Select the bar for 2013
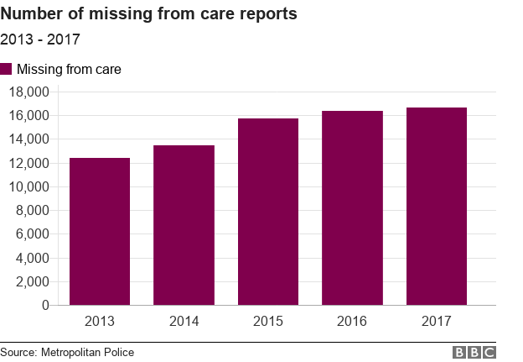100,231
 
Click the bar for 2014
184,225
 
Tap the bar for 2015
268,212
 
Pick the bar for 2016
352,207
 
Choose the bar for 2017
437,206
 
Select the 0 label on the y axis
45,306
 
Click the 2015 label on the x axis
268,321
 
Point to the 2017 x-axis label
437,321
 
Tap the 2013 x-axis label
100,321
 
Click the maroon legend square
7,69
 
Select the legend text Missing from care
69,69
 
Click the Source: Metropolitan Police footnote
67,352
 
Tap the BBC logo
474,352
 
